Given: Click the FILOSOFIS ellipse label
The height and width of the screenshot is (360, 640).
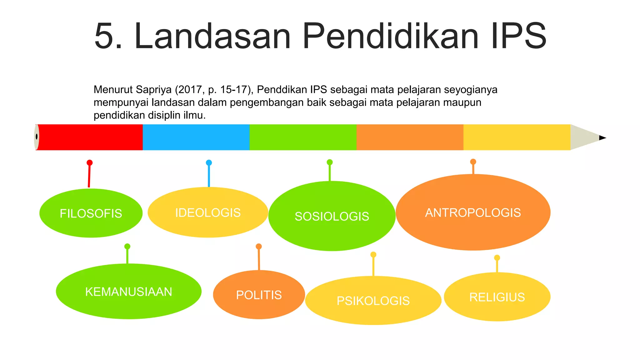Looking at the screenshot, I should point(91,213).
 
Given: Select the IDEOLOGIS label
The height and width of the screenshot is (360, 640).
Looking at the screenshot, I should point(208,213).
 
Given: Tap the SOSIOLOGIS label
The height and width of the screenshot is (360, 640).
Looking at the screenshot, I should point(332,216).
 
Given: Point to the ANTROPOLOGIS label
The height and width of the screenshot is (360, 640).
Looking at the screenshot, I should point(473,213).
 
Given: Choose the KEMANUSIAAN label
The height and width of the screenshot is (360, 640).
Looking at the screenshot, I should point(128,292).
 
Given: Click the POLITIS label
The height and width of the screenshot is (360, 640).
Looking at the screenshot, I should point(259,295).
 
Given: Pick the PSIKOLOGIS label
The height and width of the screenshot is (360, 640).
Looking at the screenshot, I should point(373,301).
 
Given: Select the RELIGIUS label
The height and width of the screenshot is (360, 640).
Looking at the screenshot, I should point(497,297).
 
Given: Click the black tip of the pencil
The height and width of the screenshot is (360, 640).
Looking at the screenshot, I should point(602,138).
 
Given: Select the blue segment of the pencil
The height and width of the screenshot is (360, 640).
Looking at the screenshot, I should point(196,137).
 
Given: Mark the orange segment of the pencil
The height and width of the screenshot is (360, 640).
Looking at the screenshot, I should point(410,137).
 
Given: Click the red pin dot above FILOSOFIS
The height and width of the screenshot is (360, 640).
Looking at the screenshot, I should point(90,162).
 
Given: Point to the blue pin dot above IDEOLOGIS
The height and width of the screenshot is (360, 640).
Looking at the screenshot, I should point(209,162).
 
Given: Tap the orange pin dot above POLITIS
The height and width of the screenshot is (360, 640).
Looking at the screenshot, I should point(259,247).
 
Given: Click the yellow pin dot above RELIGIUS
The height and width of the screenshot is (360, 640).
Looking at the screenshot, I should point(497,258).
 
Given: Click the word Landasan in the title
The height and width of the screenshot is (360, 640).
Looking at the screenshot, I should point(212,36).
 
